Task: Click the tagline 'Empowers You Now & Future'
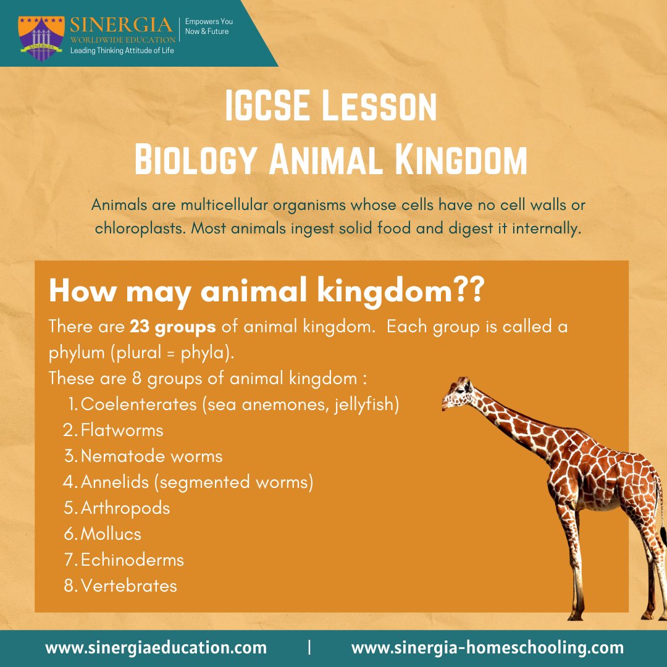(x=209, y=26)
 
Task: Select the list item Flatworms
(x=122, y=430)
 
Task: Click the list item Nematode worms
(x=151, y=456)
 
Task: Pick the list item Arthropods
(x=125, y=508)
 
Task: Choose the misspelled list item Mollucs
(x=111, y=534)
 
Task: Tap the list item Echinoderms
(x=132, y=560)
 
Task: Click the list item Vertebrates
(x=128, y=585)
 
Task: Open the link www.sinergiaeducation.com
(x=156, y=648)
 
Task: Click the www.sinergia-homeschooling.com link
(x=487, y=648)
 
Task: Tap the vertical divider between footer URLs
(x=309, y=648)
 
